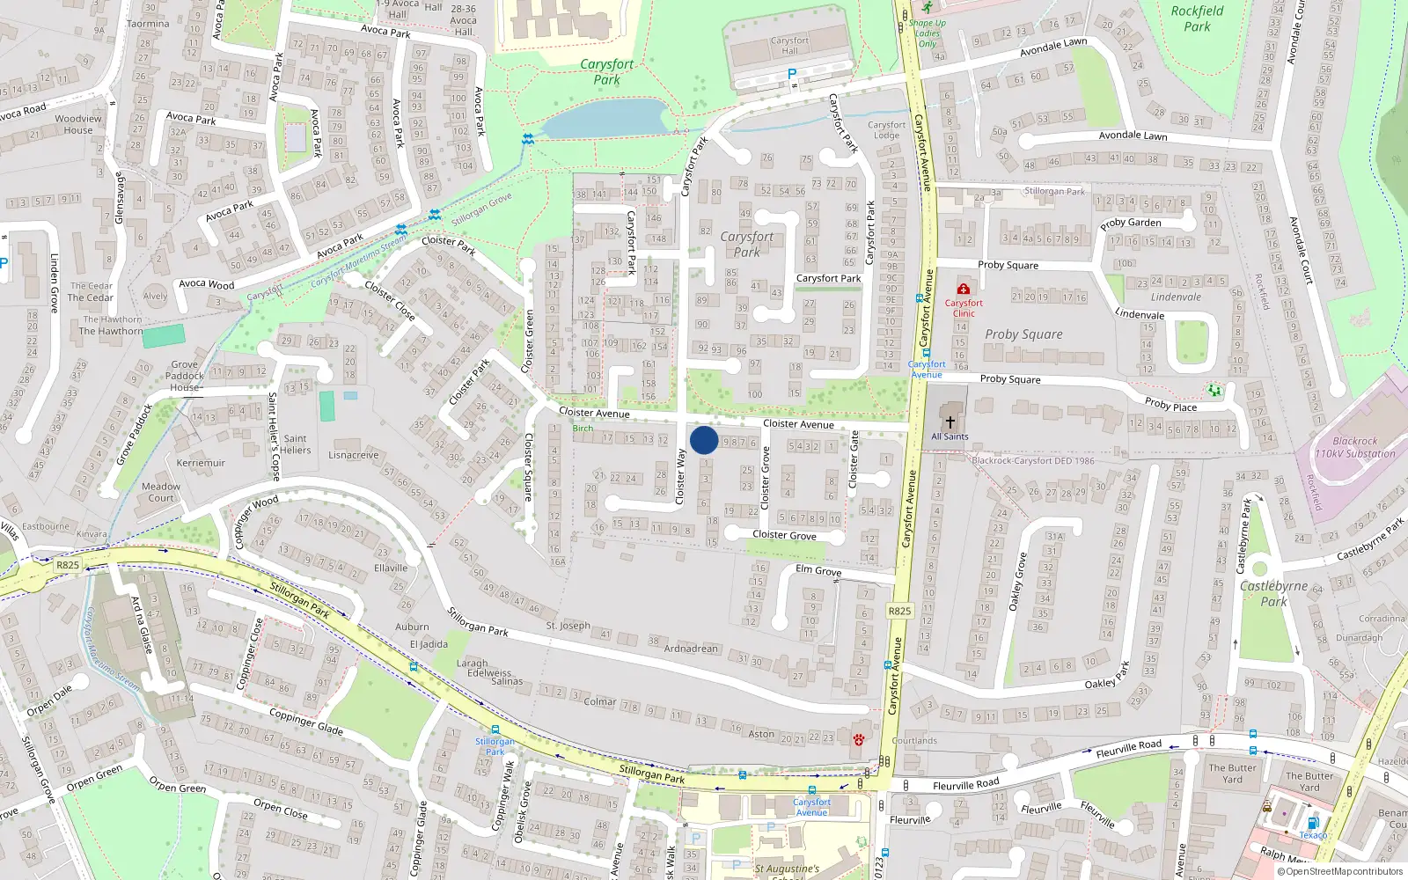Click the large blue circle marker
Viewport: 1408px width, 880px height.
pyautogui.click(x=704, y=440)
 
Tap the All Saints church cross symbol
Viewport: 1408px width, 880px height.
pyautogui.click(x=950, y=422)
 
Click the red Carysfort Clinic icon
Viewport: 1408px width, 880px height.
pyautogui.click(x=964, y=289)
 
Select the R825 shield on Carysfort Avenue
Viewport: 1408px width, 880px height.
pyautogui.click(x=899, y=611)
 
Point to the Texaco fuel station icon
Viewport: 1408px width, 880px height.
pyautogui.click(x=1313, y=824)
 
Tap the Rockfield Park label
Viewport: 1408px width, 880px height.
pyautogui.click(x=1197, y=18)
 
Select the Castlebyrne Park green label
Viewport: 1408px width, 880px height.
pyautogui.click(x=1273, y=593)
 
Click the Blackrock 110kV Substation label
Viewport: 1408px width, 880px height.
pyautogui.click(x=1355, y=447)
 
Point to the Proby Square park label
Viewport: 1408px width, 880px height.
pyautogui.click(x=1023, y=334)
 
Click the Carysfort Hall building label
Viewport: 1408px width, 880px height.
pyautogui.click(x=789, y=46)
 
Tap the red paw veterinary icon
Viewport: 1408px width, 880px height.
pyautogui.click(x=859, y=739)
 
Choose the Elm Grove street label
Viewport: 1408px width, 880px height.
pyautogui.click(x=818, y=570)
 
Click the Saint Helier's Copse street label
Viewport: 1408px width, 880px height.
pyautogui.click(x=273, y=436)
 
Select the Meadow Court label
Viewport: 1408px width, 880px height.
pyautogui.click(x=161, y=492)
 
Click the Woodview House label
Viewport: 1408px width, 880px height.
pyautogui.click(x=78, y=124)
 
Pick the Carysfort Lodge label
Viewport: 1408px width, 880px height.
pyautogui.click(x=886, y=130)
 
